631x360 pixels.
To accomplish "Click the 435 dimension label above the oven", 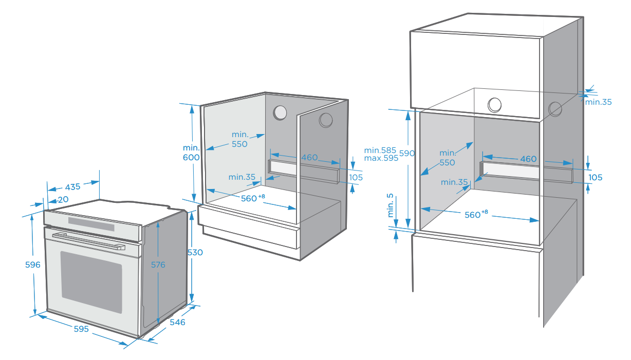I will (x=73, y=187).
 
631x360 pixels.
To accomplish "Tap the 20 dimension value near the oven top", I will (x=63, y=200).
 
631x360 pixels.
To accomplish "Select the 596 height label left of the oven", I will (x=33, y=264).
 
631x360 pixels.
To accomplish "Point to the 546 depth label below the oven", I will (x=177, y=323).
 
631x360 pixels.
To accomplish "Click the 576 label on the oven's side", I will (x=158, y=264).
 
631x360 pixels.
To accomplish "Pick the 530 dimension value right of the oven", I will (x=195, y=253).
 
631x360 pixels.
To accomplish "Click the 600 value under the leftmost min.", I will (x=192, y=158).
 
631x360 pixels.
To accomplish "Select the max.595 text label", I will (x=381, y=158).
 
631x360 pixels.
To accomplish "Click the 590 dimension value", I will (x=407, y=154).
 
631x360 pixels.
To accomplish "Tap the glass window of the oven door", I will (x=91, y=281).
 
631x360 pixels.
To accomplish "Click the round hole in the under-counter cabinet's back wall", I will (x=280, y=112).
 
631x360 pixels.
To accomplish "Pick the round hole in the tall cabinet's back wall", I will (x=494, y=105).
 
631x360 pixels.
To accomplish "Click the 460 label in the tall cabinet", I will (x=528, y=159).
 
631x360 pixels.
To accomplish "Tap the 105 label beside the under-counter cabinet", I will (x=356, y=178).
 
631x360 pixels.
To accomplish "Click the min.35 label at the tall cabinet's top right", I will (x=599, y=102).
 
